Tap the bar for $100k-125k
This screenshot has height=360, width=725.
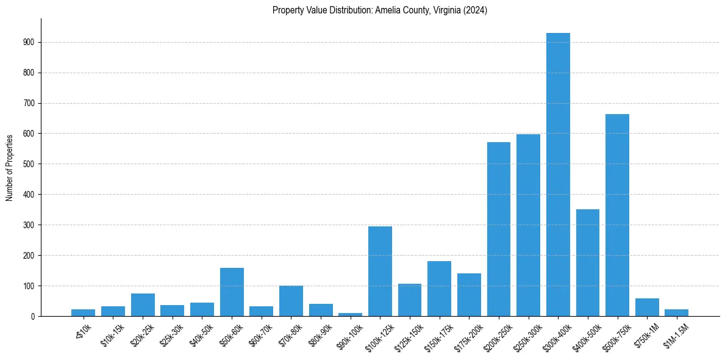coord(380,271)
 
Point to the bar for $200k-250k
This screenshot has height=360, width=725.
coord(499,229)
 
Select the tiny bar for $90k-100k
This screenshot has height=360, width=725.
coord(350,314)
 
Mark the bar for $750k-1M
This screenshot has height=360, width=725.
coord(647,307)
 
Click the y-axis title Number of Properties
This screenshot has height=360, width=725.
coord(9,167)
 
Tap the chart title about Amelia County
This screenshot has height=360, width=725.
coord(380,10)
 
